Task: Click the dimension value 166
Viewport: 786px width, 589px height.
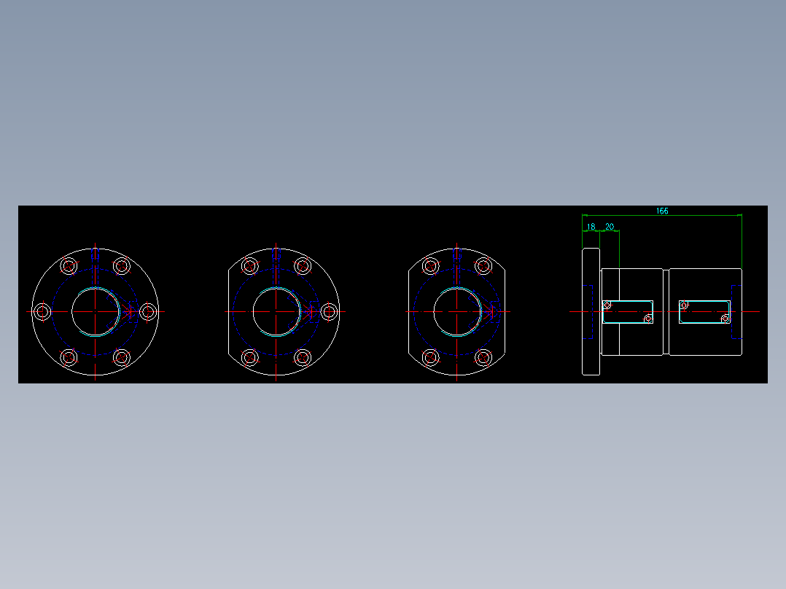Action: (x=661, y=211)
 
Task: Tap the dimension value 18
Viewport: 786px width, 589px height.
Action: (x=591, y=227)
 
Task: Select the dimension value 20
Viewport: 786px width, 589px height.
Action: (x=610, y=227)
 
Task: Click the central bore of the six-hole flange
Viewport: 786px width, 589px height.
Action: (x=96, y=311)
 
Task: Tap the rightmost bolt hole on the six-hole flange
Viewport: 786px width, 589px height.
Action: (x=148, y=311)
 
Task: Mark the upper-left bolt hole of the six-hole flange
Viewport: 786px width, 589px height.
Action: (x=69, y=265)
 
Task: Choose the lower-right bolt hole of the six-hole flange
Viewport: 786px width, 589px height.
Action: (x=122, y=357)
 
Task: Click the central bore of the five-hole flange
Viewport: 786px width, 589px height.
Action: (x=276, y=311)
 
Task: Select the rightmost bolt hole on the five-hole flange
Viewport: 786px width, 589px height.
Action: (x=329, y=311)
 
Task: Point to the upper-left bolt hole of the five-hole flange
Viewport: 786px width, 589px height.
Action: (x=250, y=265)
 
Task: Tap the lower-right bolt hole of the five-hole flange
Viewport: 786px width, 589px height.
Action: (x=303, y=357)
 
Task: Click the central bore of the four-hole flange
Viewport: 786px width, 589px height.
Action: (x=457, y=311)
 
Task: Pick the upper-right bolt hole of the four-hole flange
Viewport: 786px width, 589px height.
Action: (x=483, y=265)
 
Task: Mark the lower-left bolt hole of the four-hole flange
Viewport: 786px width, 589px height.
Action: (x=431, y=357)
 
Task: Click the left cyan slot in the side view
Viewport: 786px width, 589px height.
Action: (x=628, y=311)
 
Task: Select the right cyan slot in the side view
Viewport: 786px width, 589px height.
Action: (x=704, y=311)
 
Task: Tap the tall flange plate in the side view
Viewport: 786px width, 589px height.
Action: (x=591, y=311)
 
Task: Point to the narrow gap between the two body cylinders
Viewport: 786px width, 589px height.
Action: (x=666, y=311)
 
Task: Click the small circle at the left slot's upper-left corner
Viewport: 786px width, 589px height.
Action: (x=607, y=305)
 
